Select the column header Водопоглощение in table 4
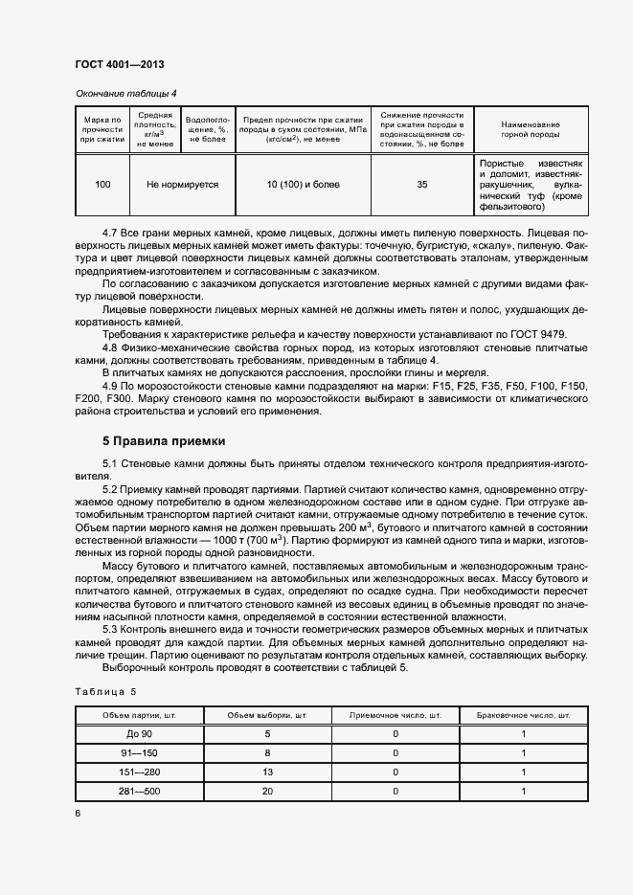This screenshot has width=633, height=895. (x=207, y=127)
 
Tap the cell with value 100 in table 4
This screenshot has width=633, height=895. (x=102, y=184)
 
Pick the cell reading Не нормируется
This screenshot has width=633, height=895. (x=182, y=184)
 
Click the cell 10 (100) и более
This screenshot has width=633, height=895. (x=303, y=184)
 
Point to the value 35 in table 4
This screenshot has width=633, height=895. (x=422, y=184)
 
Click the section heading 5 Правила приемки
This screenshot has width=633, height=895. (x=164, y=441)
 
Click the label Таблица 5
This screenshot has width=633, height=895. (x=105, y=690)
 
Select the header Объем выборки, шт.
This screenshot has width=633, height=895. (x=267, y=715)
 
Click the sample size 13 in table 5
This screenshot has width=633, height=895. (x=267, y=772)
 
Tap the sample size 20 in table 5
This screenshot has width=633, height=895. (x=267, y=792)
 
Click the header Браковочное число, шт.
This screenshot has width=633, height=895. (x=524, y=715)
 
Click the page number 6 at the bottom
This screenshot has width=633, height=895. (x=78, y=814)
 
